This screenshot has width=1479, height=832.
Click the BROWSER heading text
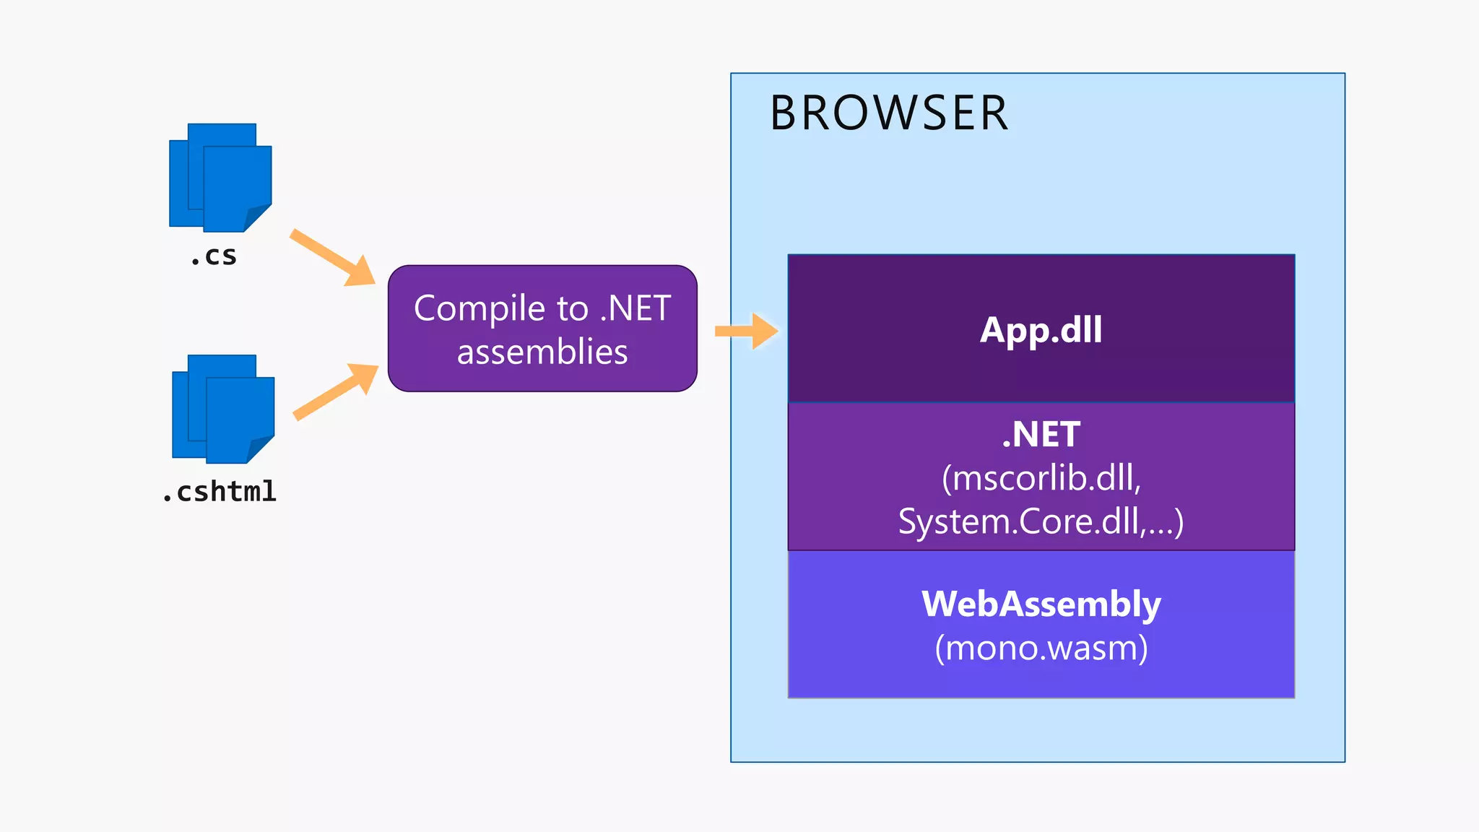click(x=888, y=113)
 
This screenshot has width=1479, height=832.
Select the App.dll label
click(x=1041, y=330)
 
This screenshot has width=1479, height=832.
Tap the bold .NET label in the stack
click(x=1041, y=435)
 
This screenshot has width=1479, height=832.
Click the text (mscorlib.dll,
click(x=1041, y=478)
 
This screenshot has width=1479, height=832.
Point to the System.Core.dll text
click(x=1025, y=521)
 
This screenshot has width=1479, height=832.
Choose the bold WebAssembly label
click(x=1041, y=604)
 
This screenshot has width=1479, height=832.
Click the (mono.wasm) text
click(x=1041, y=648)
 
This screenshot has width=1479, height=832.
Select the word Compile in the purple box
click(x=480, y=309)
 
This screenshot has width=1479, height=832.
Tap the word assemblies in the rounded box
click(x=542, y=352)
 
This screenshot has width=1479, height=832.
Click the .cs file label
click(x=214, y=256)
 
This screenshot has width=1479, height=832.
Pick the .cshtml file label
click(x=220, y=492)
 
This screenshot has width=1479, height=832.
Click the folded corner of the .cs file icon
click(x=259, y=217)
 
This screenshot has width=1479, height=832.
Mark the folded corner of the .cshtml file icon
click(x=261, y=448)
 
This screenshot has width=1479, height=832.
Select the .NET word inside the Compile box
click(x=636, y=309)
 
